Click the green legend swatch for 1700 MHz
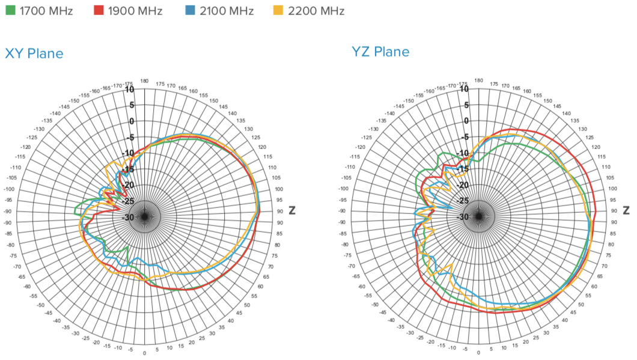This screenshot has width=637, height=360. (10, 10)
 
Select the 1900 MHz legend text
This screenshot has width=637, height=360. (135, 10)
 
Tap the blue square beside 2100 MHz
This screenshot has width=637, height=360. (190, 10)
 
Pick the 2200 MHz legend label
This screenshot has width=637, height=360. (316, 10)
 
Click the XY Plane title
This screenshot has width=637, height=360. (34, 53)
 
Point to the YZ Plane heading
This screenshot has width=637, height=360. (380, 51)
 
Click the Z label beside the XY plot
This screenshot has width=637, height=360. (292, 210)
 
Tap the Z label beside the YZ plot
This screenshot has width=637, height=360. (627, 210)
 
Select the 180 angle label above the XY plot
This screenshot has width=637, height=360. (144, 81)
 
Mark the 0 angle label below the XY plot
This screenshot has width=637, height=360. (144, 353)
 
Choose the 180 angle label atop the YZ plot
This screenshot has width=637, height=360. (479, 79)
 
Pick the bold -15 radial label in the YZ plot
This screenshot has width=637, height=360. (463, 168)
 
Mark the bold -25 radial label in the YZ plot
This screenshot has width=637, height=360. (463, 200)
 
